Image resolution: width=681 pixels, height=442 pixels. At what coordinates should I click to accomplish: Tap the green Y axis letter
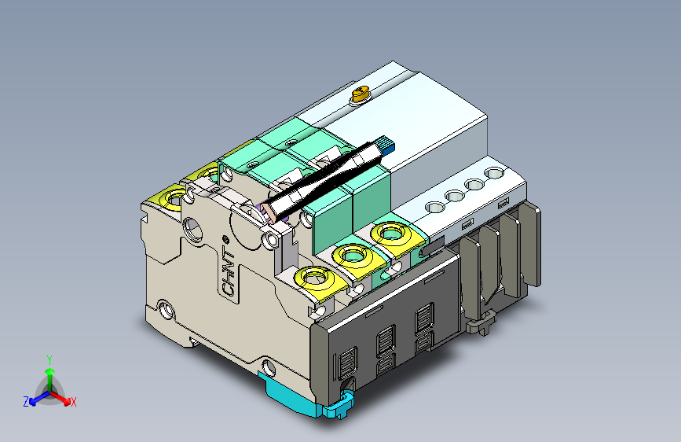[49, 359]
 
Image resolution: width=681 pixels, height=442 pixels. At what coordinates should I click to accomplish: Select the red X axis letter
[74, 403]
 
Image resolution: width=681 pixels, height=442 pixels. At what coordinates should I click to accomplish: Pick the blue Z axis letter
[26, 402]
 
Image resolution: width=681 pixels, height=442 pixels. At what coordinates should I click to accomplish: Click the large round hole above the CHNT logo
[192, 229]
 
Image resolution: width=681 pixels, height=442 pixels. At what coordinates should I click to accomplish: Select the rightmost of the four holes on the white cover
[494, 172]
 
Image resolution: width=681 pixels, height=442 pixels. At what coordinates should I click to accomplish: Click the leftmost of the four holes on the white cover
[433, 208]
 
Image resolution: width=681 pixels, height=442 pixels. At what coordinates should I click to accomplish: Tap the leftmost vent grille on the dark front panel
[346, 365]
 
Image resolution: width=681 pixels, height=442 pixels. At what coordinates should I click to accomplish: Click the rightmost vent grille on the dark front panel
[423, 323]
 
